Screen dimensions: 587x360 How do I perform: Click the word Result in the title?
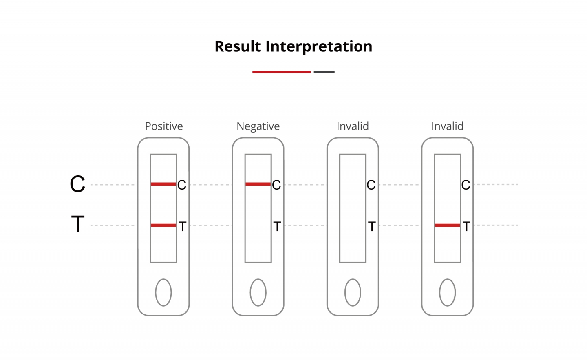pyautogui.click(x=238, y=46)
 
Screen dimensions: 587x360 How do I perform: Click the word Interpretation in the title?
pyautogui.click(x=319, y=47)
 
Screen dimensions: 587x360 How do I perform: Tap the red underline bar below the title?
pyautogui.click(x=281, y=72)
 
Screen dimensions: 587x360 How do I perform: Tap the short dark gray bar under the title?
pyautogui.click(x=324, y=72)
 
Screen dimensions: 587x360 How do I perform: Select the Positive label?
pyautogui.click(x=164, y=126)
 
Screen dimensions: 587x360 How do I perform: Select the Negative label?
pyautogui.click(x=258, y=126)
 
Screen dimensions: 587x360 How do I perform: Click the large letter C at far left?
pyautogui.click(x=77, y=184)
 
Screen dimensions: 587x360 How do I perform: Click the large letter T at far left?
pyautogui.click(x=78, y=224)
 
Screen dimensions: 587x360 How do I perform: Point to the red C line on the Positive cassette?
pyautogui.click(x=163, y=184)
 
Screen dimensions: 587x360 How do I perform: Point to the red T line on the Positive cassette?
pyautogui.click(x=163, y=225)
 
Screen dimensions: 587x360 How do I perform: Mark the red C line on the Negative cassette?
pyautogui.click(x=258, y=184)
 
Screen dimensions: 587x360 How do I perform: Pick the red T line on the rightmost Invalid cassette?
pyautogui.click(x=447, y=225)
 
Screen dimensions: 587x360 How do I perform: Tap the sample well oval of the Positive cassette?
pyautogui.click(x=163, y=292)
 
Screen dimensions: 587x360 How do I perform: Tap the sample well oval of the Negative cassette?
pyautogui.click(x=258, y=292)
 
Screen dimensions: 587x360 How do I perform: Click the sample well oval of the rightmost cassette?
pyautogui.click(x=447, y=292)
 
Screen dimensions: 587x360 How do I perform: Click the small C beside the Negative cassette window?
pyautogui.click(x=276, y=185)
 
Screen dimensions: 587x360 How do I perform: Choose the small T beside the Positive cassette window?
pyautogui.click(x=183, y=226)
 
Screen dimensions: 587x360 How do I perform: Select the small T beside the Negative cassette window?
pyautogui.click(x=277, y=226)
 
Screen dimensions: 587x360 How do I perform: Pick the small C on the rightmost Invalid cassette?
pyautogui.click(x=466, y=185)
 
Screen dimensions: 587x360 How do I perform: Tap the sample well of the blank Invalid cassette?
pyautogui.click(x=353, y=292)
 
